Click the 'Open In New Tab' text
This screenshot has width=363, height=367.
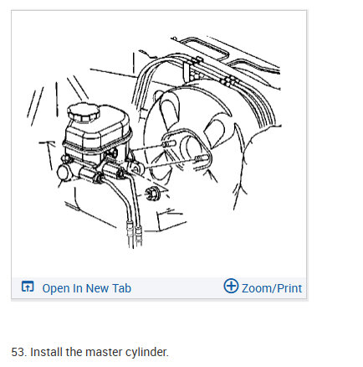86,288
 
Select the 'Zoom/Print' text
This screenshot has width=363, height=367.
272,288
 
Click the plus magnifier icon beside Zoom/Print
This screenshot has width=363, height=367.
231,287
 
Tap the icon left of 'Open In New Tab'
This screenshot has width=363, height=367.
28,287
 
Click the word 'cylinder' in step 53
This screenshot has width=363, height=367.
144,352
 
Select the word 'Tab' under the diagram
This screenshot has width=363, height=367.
121,288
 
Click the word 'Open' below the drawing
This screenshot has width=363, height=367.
55,288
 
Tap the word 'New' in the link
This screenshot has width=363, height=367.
96,288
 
